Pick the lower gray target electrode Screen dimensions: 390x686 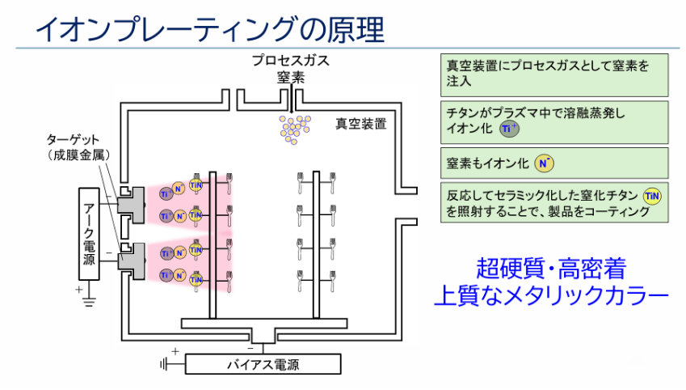130,259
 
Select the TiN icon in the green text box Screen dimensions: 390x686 652,195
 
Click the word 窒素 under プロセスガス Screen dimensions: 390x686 290,78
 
